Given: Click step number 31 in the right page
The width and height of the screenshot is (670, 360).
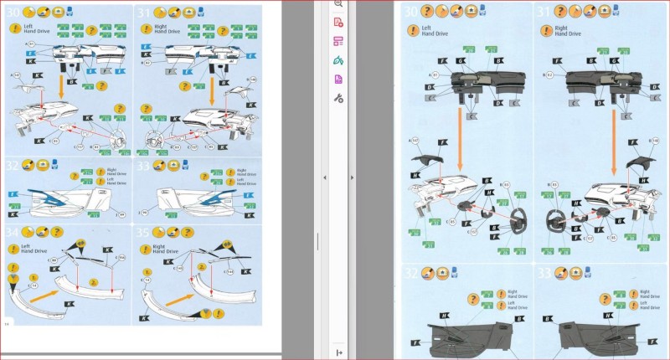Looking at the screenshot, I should pos(544,12).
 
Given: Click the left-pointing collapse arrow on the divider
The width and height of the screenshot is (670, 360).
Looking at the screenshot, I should pos(325,177).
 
